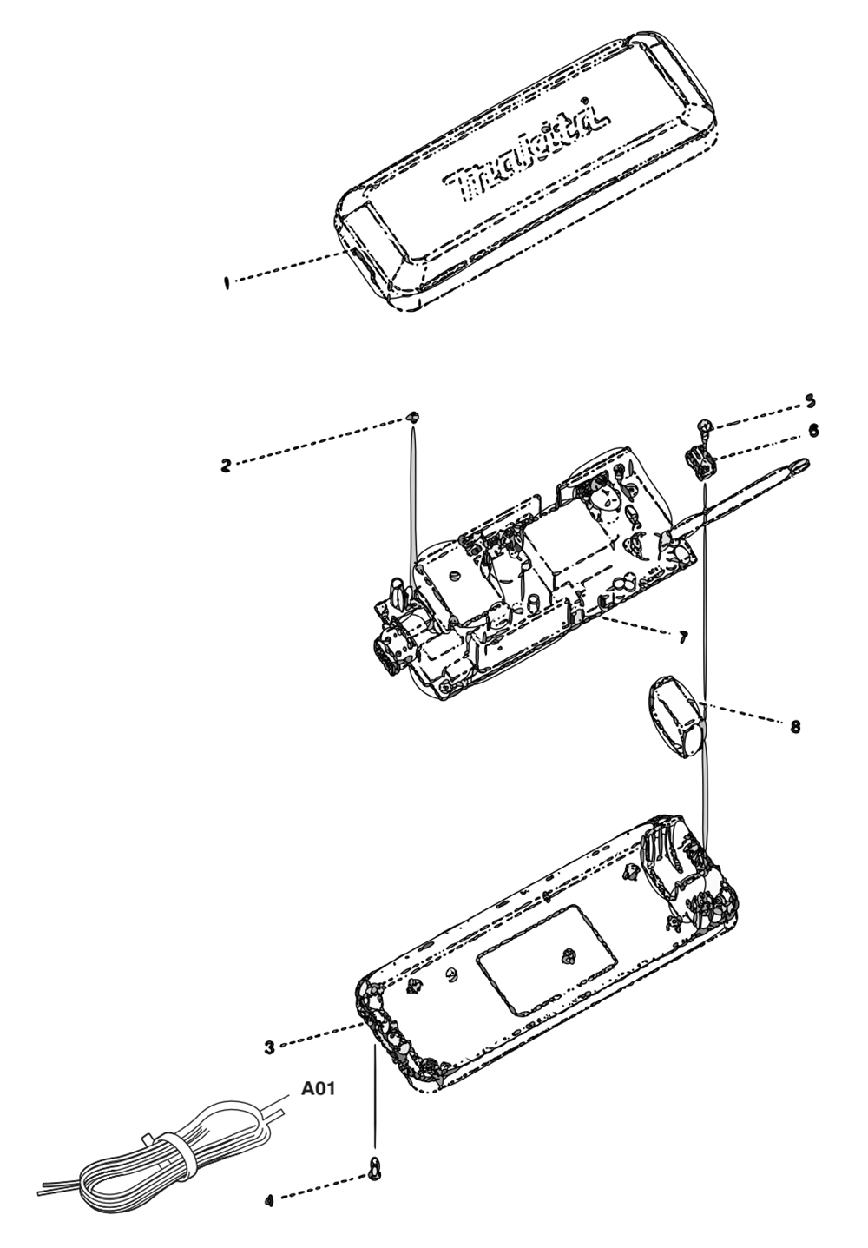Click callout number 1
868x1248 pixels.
pyautogui.click(x=227, y=281)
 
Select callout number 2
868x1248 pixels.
pyautogui.click(x=226, y=466)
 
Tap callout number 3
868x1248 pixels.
pyautogui.click(x=270, y=1047)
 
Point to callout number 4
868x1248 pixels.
pyautogui.click(x=269, y=1200)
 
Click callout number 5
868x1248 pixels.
pyautogui.click(x=810, y=401)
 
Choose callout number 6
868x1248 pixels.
pyautogui.click(x=813, y=430)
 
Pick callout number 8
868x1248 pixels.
pyautogui.click(x=795, y=727)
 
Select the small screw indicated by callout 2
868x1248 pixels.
pyautogui.click(x=413, y=417)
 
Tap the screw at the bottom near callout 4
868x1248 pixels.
pyautogui.click(x=375, y=1169)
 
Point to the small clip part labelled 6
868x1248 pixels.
pyautogui.click(x=701, y=462)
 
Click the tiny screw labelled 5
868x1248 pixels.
pyautogui.click(x=705, y=426)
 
